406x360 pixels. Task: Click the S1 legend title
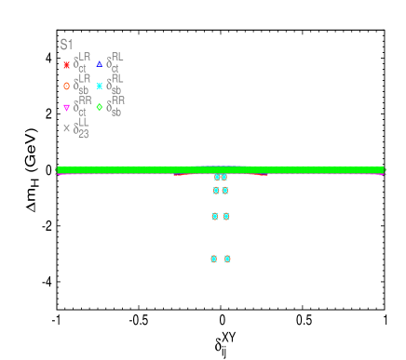[66, 44]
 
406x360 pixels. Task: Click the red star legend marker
[66, 65]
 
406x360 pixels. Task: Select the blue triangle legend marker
[100, 64]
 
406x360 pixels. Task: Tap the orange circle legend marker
[66, 86]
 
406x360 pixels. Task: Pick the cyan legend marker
[100, 86]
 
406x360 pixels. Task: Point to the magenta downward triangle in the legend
[66, 107]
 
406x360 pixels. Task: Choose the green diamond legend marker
[100, 107]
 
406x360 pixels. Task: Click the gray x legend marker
[66, 128]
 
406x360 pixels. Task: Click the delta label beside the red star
[82, 63]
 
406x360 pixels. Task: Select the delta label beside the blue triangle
[115, 62]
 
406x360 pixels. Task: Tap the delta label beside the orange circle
[82, 85]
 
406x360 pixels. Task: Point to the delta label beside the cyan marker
[115, 85]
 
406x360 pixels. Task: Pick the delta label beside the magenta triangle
[82, 106]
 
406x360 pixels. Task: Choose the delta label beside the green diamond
[116, 106]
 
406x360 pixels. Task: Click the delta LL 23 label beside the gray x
[82, 127]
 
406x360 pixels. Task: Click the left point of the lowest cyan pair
[214, 259]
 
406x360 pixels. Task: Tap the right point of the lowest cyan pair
[227, 259]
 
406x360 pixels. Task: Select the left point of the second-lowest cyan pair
[215, 216]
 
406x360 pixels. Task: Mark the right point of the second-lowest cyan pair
[226, 216]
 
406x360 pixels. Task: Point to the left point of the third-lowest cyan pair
[216, 191]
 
